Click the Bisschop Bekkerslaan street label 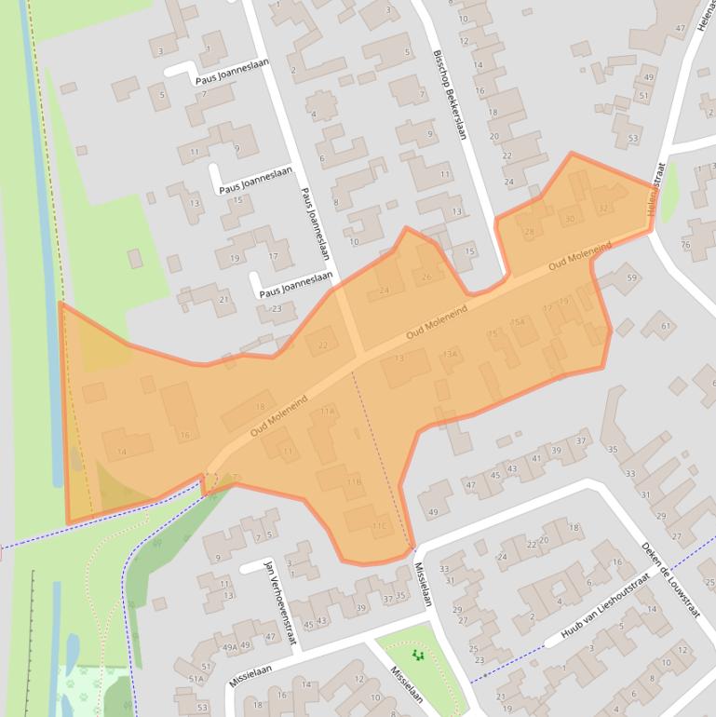[449, 94]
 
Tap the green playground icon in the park [417, 656]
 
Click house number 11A [326, 411]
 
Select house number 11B [353, 481]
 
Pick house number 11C [378, 526]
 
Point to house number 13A [451, 354]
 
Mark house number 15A [519, 322]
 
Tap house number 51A [196, 680]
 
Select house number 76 [686, 244]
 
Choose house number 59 [632, 277]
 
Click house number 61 [666, 326]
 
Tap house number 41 [535, 458]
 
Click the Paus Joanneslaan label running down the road [315, 231]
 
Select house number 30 [571, 219]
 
